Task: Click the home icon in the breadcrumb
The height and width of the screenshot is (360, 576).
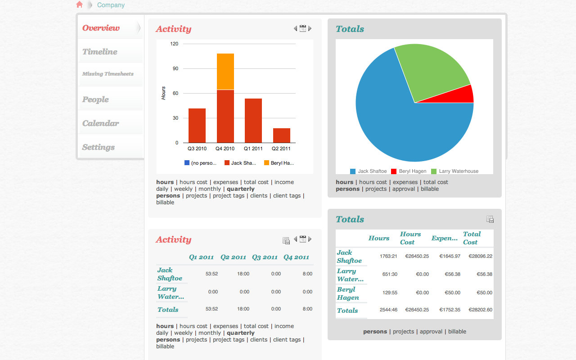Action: point(80,4)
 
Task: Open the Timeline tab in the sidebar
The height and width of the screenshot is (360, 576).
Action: point(100,52)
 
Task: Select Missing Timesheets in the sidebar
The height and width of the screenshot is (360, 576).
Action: point(108,74)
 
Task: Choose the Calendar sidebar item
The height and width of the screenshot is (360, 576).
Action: point(101,123)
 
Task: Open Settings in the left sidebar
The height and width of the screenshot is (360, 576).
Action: point(99,147)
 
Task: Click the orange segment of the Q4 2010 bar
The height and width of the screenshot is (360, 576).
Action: point(225,72)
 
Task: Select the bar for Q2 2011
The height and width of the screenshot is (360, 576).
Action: point(282,135)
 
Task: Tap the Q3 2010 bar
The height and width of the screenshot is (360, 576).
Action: point(197,126)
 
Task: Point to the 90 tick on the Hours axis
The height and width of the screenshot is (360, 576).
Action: point(175,69)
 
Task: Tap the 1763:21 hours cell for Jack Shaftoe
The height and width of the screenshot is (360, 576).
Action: point(388,256)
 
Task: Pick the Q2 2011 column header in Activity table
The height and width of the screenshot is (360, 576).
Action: point(233,257)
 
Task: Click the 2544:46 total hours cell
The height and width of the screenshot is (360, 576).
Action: point(388,310)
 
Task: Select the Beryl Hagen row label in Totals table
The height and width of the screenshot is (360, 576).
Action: point(348,293)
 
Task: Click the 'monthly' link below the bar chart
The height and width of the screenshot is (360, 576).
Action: point(210,189)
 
